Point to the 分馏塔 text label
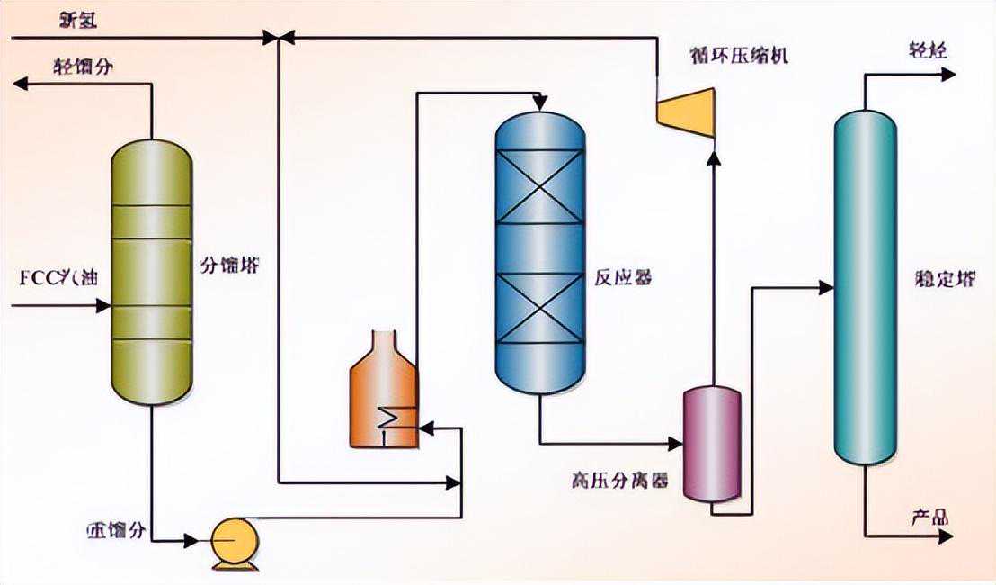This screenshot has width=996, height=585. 230,265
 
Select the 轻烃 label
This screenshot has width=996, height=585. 928,50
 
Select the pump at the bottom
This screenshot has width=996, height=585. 235,541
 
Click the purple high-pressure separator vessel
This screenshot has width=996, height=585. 711,443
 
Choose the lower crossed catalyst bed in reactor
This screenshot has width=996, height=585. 540,309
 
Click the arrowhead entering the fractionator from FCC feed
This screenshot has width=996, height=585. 102,306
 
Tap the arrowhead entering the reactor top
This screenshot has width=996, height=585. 539,102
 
